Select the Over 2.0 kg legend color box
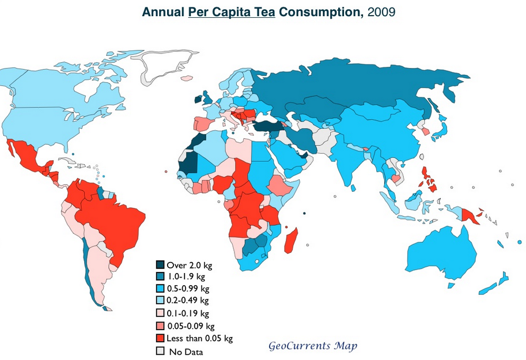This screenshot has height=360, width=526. click(160, 265)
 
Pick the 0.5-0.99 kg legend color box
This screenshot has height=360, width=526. click(160, 289)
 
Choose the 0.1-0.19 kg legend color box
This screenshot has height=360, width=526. click(160, 313)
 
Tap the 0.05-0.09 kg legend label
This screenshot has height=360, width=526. click(190, 325)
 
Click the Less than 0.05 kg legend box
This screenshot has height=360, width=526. click(160, 338)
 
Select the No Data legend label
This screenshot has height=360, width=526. click(186, 351)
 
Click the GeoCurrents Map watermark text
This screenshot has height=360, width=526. click(313, 346)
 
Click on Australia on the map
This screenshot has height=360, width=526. click(444, 253)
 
